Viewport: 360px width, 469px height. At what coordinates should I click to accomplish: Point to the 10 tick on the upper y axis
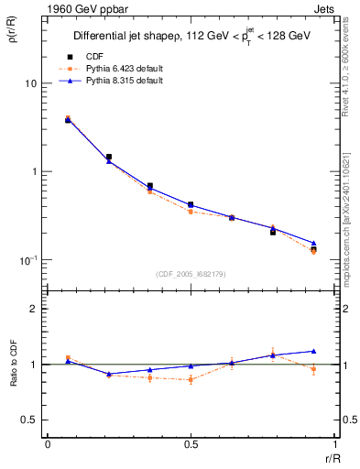coord(30,83)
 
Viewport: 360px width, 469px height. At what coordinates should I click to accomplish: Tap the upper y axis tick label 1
coord(34,172)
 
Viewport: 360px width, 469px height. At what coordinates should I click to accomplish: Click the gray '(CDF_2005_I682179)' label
coord(190,274)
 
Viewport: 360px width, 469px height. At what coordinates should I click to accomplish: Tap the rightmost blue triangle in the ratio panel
coord(313,351)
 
